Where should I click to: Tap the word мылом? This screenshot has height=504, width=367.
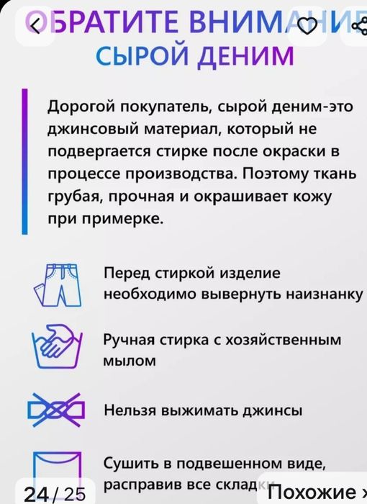pyautogui.click(x=130, y=361)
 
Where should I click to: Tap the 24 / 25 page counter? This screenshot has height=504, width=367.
pyautogui.click(x=54, y=493)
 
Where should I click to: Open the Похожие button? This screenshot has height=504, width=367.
pyautogui.click(x=327, y=493)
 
